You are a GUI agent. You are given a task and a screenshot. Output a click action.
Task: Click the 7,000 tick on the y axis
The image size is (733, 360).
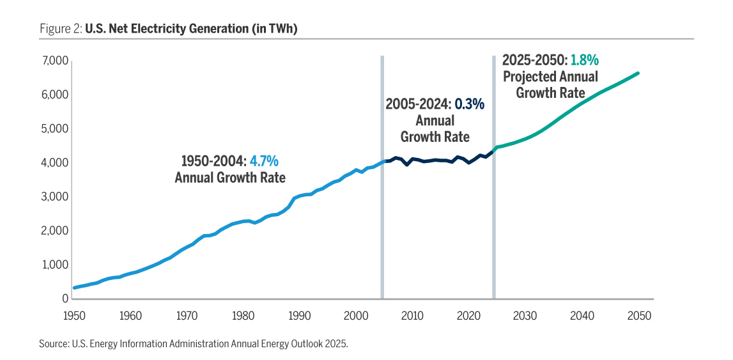pyautogui.click(x=56, y=61)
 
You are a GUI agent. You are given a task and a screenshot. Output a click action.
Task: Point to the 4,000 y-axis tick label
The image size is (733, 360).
pyautogui.click(x=56, y=163)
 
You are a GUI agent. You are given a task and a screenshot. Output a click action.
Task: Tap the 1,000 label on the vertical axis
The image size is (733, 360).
pyautogui.click(x=56, y=265)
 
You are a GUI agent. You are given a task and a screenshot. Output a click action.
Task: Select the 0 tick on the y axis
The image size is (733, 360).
pyautogui.click(x=65, y=299)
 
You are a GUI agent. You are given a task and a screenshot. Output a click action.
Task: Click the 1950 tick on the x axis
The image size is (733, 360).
pyautogui.click(x=74, y=315)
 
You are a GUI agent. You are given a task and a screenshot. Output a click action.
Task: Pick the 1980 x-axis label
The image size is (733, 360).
pyautogui.click(x=243, y=315)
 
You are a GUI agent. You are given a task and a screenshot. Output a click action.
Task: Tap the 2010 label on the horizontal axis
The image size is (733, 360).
pyautogui.click(x=413, y=315)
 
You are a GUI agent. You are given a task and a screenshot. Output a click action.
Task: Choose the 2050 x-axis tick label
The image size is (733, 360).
pyautogui.click(x=639, y=315)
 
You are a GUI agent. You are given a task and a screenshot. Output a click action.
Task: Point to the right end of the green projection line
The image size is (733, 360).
pyautogui.click(x=638, y=74)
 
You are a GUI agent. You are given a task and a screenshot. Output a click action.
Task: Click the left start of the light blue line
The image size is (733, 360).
pyautogui.click(x=74, y=288)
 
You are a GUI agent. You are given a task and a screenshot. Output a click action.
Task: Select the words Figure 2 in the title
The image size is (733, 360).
pyautogui.click(x=56, y=29)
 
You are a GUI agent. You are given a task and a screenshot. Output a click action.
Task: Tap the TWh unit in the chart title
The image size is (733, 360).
pyautogui.click(x=286, y=29)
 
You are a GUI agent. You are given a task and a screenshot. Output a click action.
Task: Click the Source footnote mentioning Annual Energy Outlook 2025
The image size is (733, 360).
pyautogui.click(x=193, y=344)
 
